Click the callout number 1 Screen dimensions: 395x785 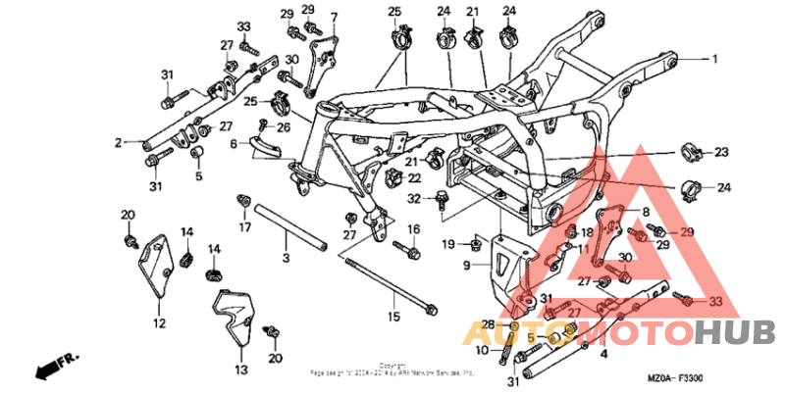[x=715, y=60]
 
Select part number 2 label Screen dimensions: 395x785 [x=118, y=143]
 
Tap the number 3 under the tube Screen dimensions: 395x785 [x=286, y=257]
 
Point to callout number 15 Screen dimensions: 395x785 [x=393, y=317]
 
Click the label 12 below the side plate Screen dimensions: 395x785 [x=159, y=322]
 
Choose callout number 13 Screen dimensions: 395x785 [x=240, y=370]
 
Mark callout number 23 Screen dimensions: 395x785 [x=722, y=152]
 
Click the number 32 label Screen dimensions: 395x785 [x=415, y=199]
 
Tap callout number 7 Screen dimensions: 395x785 [x=335, y=17]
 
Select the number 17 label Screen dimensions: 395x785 [x=246, y=227]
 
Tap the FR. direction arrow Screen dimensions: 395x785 [x=55, y=368]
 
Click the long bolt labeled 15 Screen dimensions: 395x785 [x=392, y=284]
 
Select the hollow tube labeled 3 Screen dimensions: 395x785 [x=290, y=227]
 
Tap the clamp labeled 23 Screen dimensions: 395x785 [x=692, y=153]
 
